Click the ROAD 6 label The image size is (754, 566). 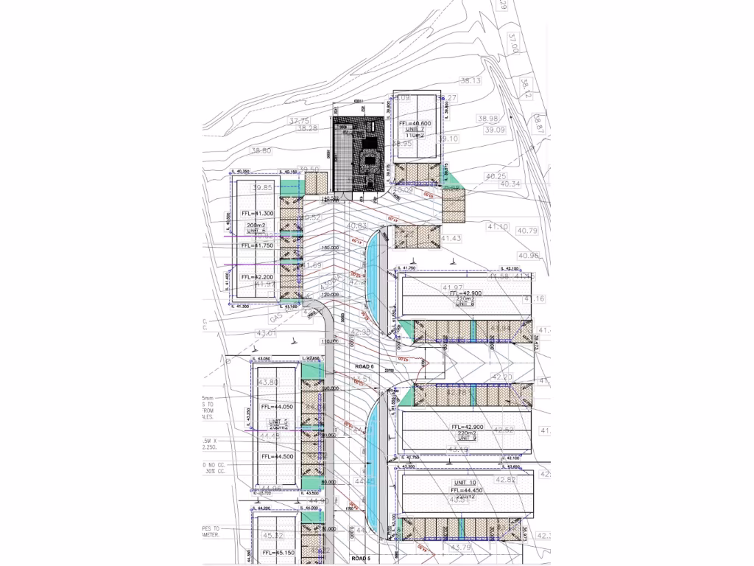[364, 366]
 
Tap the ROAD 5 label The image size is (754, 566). [360, 559]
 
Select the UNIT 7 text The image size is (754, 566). [415, 130]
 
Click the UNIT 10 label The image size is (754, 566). [465, 482]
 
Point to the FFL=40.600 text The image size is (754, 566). [414, 124]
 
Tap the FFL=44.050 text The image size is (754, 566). [276, 407]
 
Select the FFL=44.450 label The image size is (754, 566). [465, 489]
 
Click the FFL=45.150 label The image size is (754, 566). [276, 553]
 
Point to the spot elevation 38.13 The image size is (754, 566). [470, 81]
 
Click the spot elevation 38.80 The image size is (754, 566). [261, 151]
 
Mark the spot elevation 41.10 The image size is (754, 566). [498, 227]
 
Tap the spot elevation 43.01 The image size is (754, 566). [266, 333]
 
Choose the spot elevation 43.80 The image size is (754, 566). [269, 382]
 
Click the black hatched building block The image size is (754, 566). [359, 154]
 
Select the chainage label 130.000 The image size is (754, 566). [330, 248]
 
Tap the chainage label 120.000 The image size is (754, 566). [330, 294]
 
